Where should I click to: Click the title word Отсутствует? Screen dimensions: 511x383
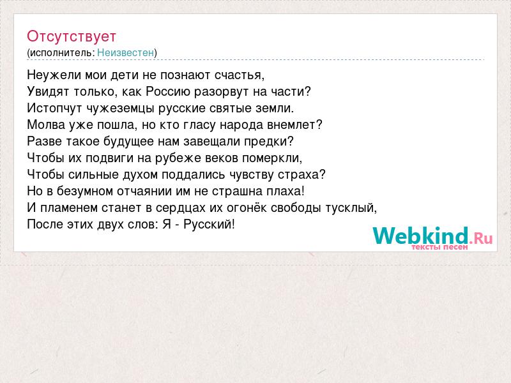[x=72, y=36]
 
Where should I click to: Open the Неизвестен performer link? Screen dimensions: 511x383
[x=125, y=52]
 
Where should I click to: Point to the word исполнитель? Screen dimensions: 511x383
[x=62, y=53]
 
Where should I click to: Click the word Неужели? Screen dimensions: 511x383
[x=54, y=75]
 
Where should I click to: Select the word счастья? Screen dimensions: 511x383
[x=239, y=75]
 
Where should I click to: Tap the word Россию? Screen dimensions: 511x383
[x=168, y=91]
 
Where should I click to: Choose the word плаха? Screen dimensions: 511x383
[x=286, y=191]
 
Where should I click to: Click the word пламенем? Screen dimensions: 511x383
[x=69, y=208]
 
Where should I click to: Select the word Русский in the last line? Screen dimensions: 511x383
[x=209, y=225]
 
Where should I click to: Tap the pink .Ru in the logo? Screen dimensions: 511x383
[x=481, y=238]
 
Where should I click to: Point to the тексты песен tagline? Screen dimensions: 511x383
[x=439, y=247]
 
